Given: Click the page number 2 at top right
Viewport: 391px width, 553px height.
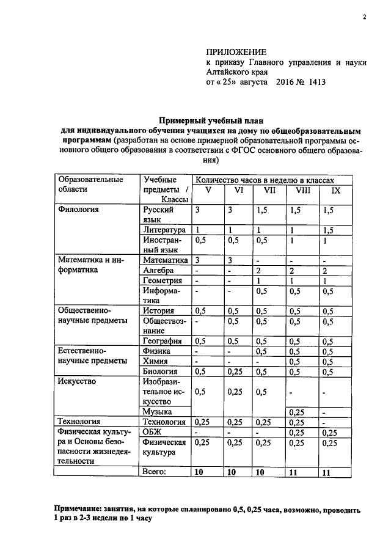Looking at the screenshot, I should tap(364, 17).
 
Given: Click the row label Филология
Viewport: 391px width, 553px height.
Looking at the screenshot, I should tap(78, 209).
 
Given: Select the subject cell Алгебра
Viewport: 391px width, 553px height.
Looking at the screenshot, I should tap(157, 270).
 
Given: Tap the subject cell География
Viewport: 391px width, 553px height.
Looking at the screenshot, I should tap(163, 341).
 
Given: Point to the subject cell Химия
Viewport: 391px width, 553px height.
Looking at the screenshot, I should tap(155, 361).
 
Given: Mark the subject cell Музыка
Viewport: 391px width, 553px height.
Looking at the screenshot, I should tap(157, 412).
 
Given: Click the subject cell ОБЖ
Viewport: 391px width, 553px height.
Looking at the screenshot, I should tap(152, 431).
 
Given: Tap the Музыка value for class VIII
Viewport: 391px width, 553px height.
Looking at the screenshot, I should tap(298, 412).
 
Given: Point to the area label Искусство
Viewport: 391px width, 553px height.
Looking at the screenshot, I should tap(75, 381).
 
